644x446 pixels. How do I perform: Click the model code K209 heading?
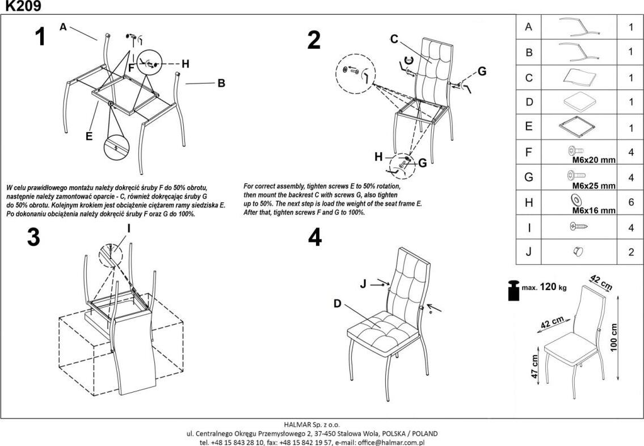point(21,6)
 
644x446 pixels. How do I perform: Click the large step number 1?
point(40,37)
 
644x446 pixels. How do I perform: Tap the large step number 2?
point(314,40)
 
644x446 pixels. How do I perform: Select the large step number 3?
point(33,238)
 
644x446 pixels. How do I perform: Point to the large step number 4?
point(315,238)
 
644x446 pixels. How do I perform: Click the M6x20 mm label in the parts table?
point(594,160)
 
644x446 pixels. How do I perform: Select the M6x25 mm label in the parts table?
point(594,186)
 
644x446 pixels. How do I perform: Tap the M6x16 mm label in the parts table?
point(594,211)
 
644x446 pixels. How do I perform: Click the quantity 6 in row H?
point(631,203)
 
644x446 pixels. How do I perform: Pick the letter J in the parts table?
point(529,253)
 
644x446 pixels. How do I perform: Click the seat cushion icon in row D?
point(579,102)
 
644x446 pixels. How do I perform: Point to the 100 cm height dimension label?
point(614,338)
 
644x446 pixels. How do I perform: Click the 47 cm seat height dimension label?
point(534,368)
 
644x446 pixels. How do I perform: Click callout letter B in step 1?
point(221,83)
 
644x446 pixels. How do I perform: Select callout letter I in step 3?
point(129,229)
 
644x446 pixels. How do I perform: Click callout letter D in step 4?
point(337,304)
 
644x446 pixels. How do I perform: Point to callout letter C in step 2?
point(394,39)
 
